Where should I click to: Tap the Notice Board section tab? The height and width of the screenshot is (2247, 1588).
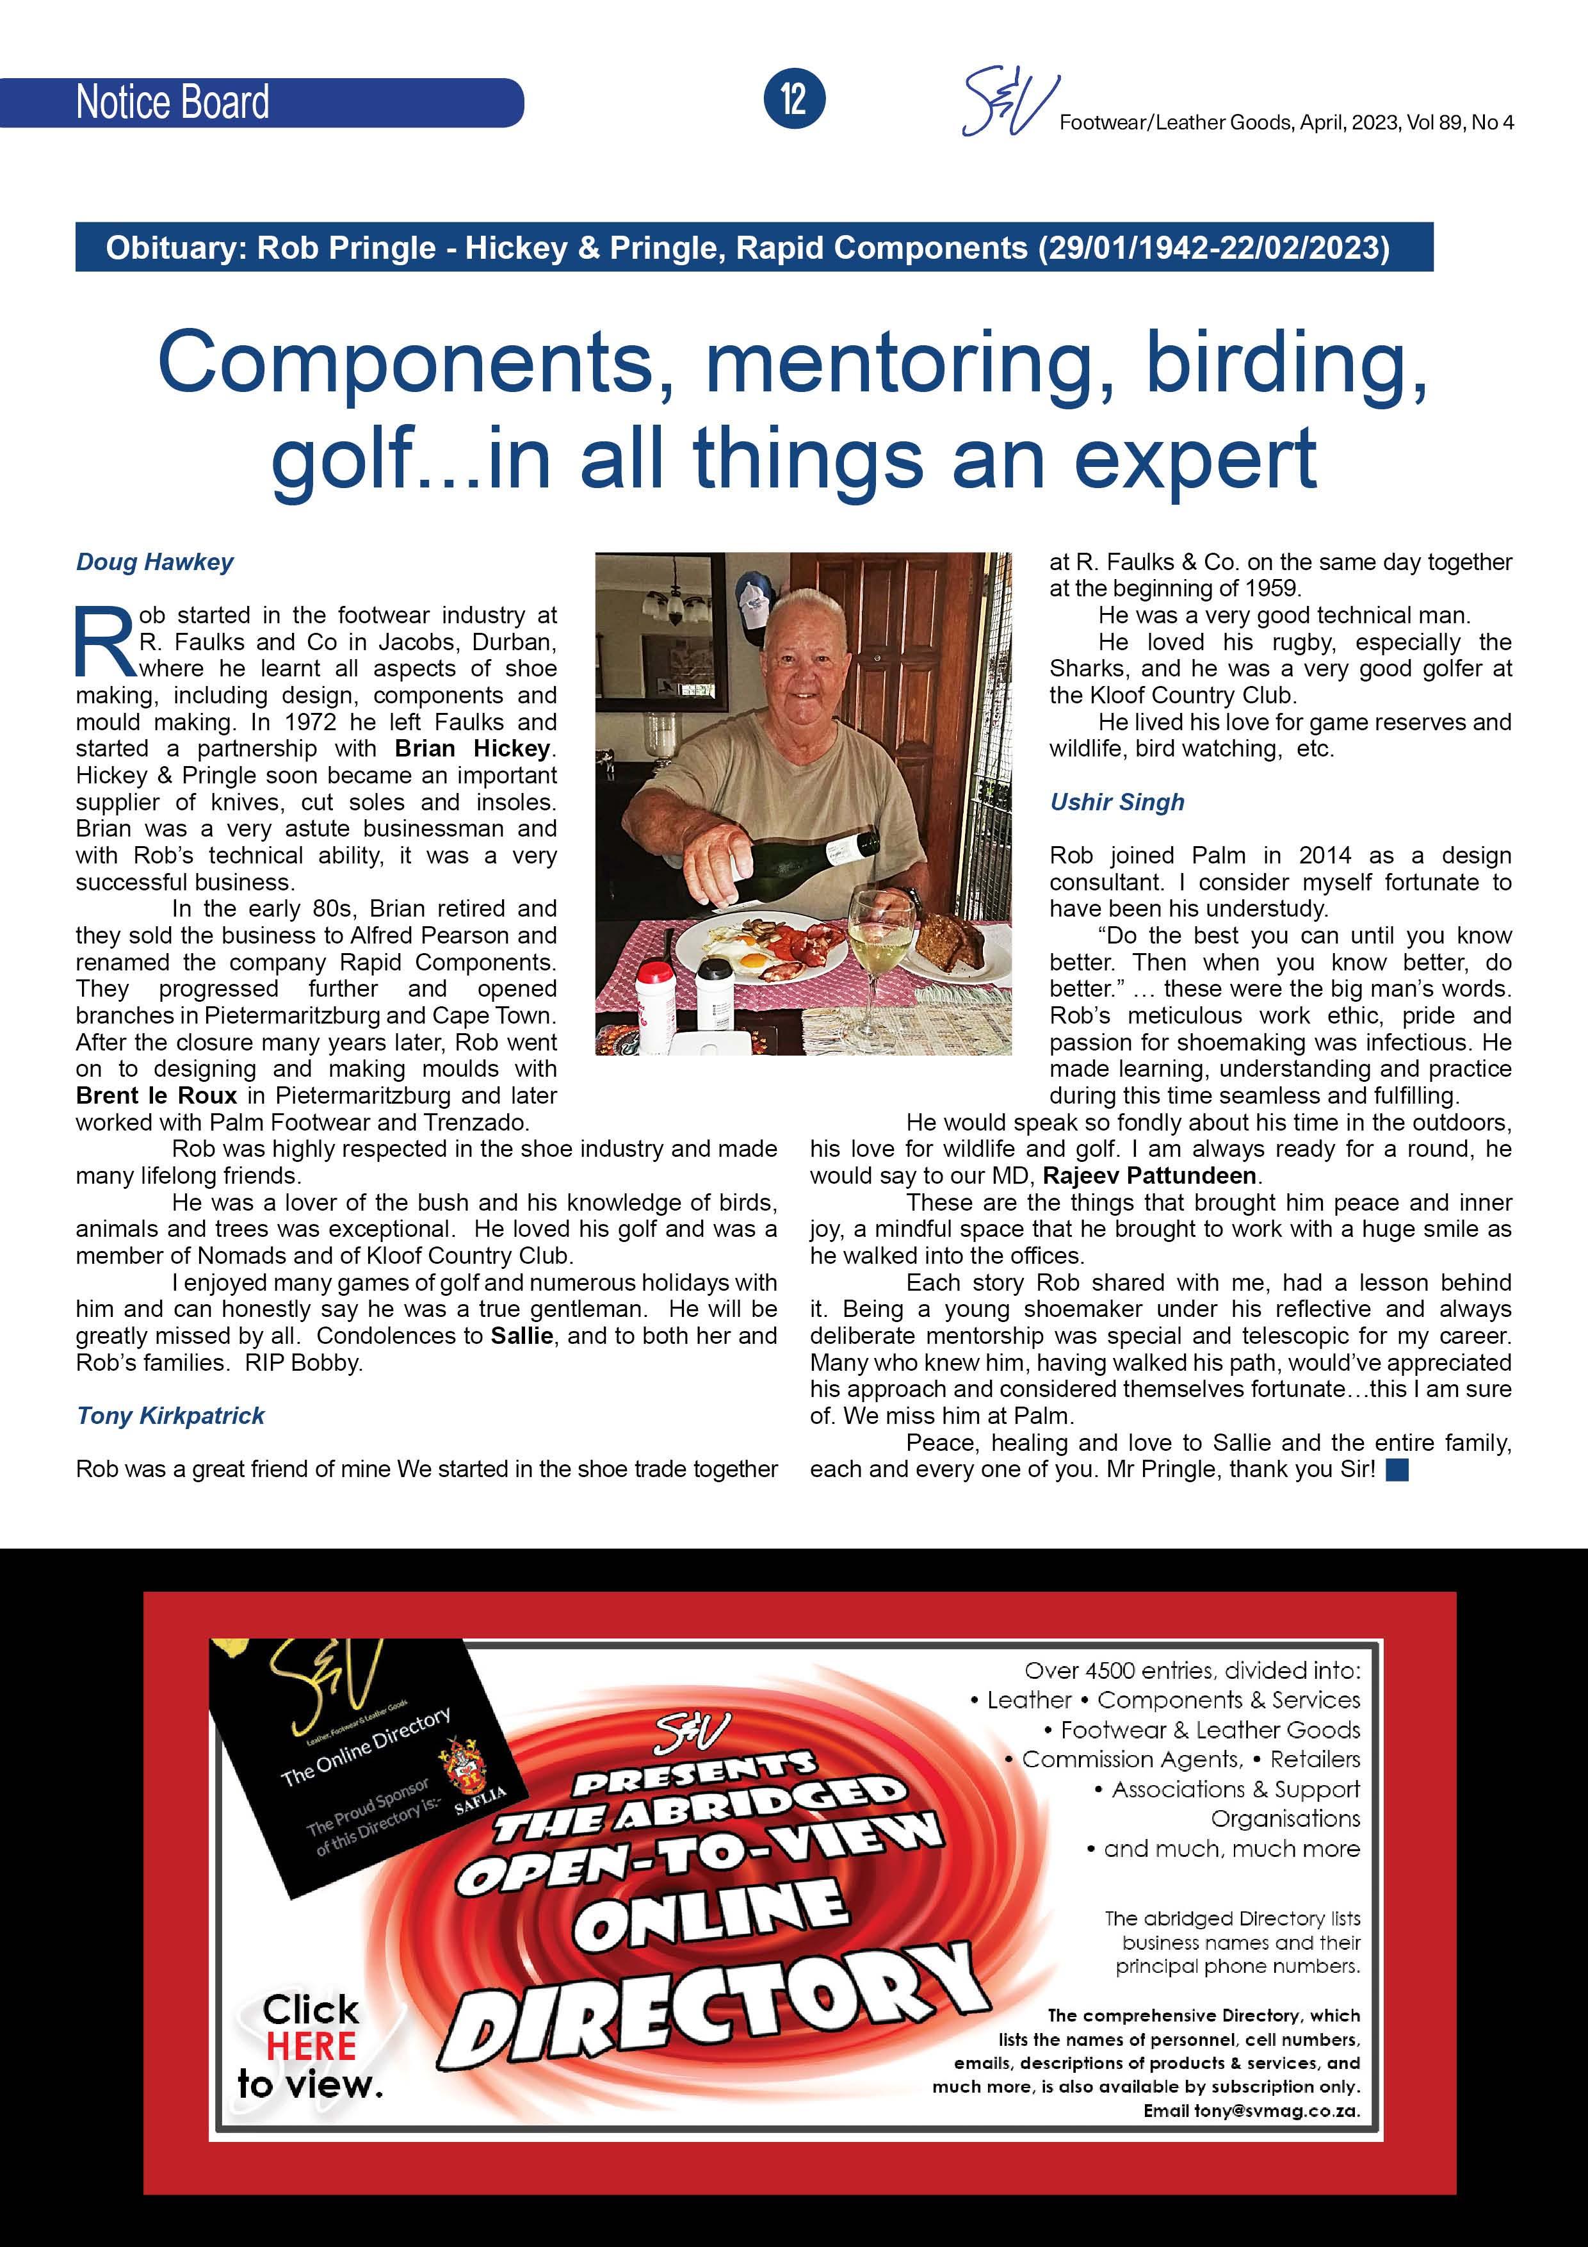tap(172, 102)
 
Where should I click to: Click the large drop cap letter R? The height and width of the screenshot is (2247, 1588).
tap(104, 642)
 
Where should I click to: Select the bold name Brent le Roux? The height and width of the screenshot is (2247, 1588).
tap(156, 1095)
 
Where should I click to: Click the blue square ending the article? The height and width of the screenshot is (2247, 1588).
tap(1397, 1470)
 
